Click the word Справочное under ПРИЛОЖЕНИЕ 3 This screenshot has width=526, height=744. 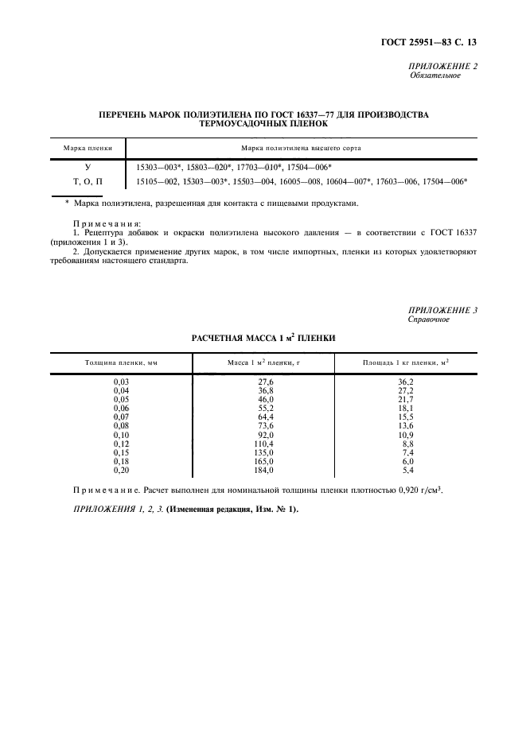[x=429, y=320]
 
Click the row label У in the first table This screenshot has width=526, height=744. [x=88, y=168]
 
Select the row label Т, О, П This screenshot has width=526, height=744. [x=88, y=181]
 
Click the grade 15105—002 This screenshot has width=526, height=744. [x=157, y=181]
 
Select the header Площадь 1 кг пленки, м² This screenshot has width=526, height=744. [x=405, y=362]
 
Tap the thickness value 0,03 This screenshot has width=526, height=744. [x=121, y=382]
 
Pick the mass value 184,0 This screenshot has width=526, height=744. [x=262, y=470]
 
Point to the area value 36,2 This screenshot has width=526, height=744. [x=405, y=382]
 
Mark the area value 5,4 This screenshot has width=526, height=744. [x=407, y=470]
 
